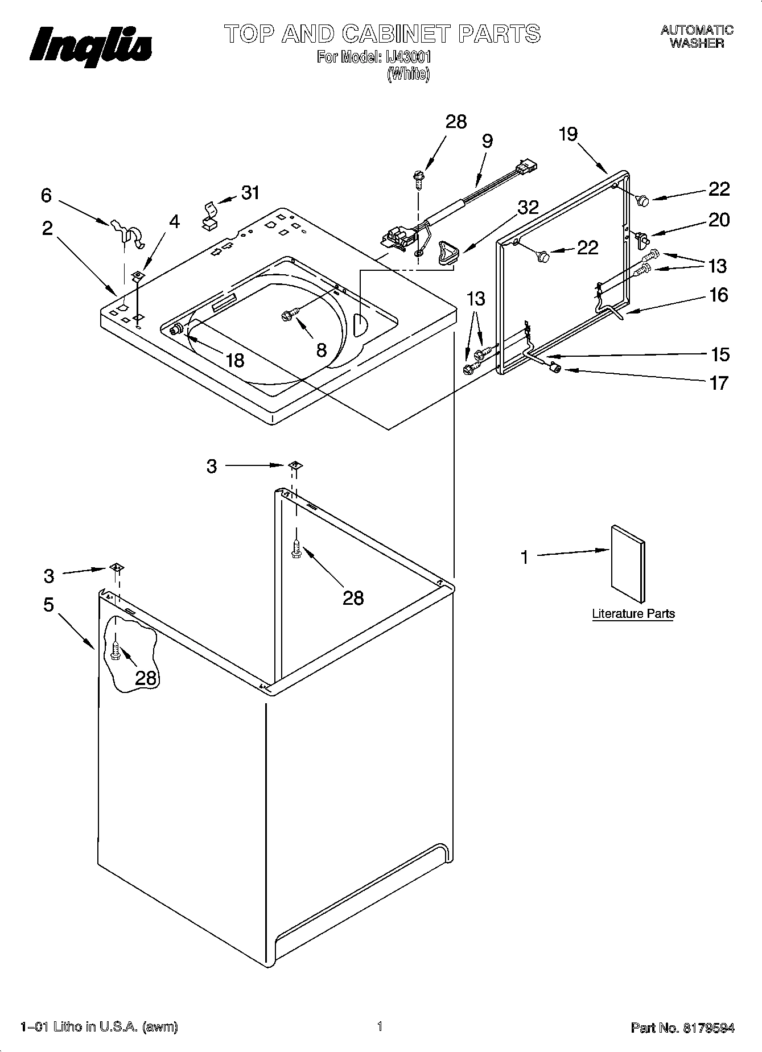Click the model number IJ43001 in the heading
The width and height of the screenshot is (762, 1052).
[404, 57]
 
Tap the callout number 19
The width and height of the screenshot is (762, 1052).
[567, 134]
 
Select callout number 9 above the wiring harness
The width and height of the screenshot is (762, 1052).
[487, 141]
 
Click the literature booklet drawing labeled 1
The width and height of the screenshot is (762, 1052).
[628, 563]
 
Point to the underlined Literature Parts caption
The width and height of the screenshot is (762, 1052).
[633, 614]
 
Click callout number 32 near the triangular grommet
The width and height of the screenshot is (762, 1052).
[528, 207]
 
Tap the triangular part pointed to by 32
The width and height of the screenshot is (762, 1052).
[446, 253]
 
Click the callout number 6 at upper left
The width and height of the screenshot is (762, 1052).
[46, 196]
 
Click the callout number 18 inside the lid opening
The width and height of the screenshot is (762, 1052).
[234, 360]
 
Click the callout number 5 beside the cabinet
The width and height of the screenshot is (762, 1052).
[48, 604]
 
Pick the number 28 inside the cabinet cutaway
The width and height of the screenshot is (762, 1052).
[146, 678]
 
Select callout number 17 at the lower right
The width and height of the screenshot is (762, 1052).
[719, 383]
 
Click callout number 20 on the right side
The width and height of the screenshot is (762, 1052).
[719, 220]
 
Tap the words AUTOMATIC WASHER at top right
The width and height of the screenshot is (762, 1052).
[697, 36]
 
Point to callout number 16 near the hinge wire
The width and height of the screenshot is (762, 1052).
[719, 295]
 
